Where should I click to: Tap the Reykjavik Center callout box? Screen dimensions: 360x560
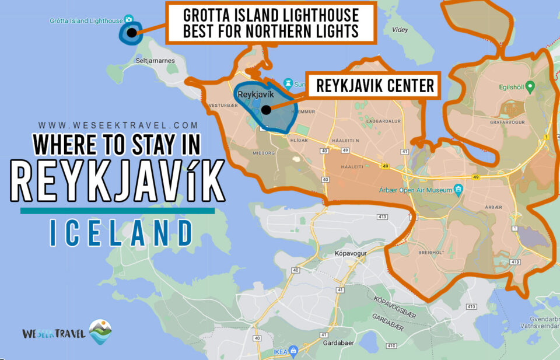375,86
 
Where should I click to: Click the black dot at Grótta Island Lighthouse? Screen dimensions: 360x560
132,33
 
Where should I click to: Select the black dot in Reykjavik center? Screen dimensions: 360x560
266,109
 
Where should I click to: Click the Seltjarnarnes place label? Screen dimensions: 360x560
152,61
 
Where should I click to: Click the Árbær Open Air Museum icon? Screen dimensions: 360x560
459,188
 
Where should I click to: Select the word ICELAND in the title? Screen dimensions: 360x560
121,233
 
